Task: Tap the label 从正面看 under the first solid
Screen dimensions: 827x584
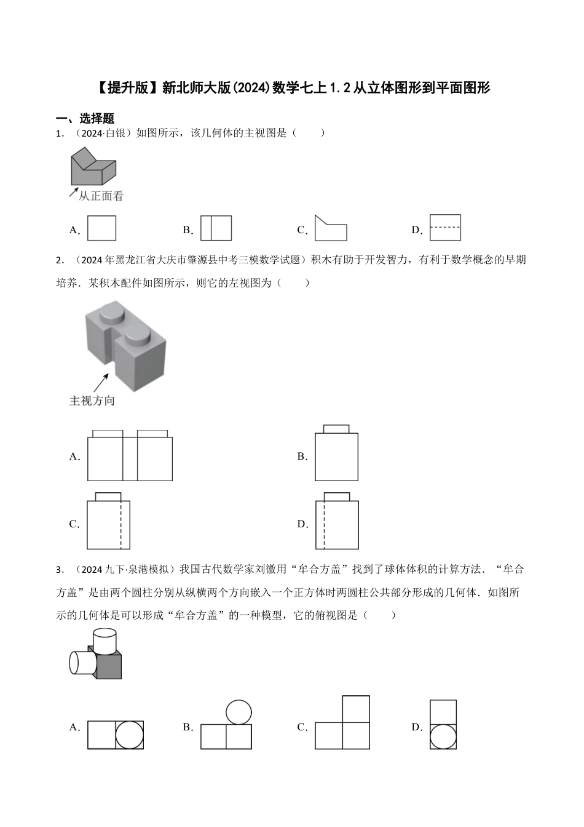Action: point(101,196)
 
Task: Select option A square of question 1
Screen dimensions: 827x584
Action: point(101,228)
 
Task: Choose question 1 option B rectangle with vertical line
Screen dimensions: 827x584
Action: point(216,228)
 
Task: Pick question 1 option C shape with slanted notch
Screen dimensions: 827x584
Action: point(330,229)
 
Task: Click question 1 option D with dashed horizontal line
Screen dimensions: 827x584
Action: point(445,228)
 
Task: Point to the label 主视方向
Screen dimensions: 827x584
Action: point(92,401)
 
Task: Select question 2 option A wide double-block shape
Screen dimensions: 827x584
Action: point(130,456)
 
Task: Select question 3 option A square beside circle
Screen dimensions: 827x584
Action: point(116,735)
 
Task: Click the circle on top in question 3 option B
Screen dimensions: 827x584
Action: point(239,713)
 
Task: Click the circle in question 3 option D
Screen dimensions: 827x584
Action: point(443,736)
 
